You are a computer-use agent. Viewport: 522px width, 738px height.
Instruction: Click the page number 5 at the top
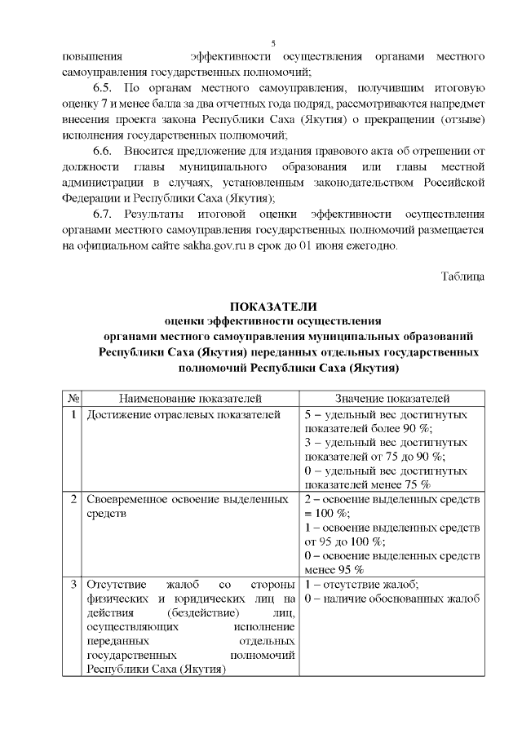[x=273, y=42]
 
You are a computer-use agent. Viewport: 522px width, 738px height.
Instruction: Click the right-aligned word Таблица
[x=462, y=276]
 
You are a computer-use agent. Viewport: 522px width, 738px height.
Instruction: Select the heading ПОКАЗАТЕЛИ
[x=272, y=307]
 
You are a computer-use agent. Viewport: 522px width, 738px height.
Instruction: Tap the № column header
[x=73, y=398]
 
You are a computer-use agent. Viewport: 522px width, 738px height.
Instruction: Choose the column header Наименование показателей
[x=190, y=398]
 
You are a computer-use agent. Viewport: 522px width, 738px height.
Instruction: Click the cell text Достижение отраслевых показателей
[x=184, y=414]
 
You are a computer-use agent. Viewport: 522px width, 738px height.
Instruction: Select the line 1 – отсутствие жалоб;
[x=361, y=585]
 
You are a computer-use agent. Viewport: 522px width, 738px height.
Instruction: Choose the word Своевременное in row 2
[x=131, y=497]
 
